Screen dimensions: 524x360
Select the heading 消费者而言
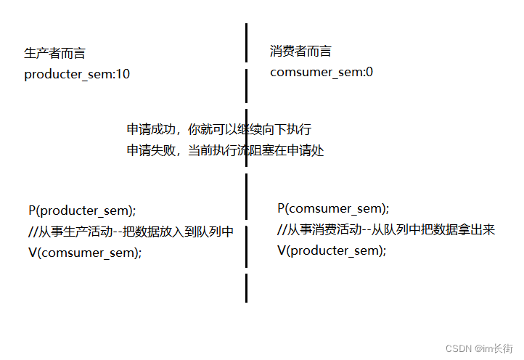point(300,51)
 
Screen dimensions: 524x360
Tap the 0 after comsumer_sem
point(369,72)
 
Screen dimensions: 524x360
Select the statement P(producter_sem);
point(82,210)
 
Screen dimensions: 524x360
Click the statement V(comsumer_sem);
point(85,253)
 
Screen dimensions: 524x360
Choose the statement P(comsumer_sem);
point(333,208)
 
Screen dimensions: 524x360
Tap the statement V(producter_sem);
point(332,250)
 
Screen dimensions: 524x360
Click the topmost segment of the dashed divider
point(247,42)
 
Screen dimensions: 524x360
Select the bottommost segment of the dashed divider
point(247,287)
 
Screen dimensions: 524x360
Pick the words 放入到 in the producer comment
point(179,232)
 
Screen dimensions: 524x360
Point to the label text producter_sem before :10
point(67,74)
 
